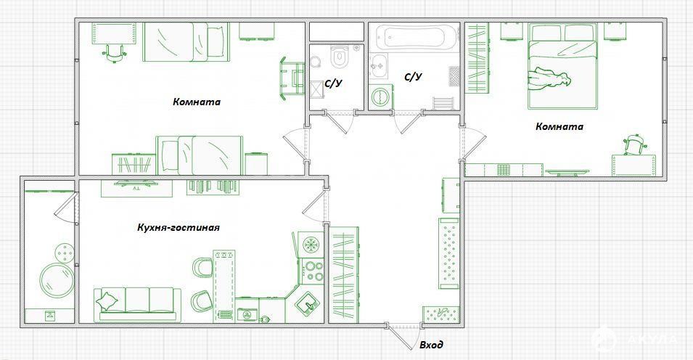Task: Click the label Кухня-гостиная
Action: pyautogui.click(x=178, y=228)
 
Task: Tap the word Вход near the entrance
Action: pyautogui.click(x=431, y=345)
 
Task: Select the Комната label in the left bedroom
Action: pyautogui.click(x=197, y=102)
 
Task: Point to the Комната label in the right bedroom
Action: pyautogui.click(x=559, y=126)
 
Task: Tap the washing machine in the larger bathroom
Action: pyautogui.click(x=379, y=97)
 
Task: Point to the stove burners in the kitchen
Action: pyautogui.click(x=313, y=271)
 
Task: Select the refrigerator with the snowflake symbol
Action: pyautogui.click(x=312, y=245)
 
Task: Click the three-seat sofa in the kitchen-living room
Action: pyautogui.click(x=137, y=304)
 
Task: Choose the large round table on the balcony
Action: pyautogui.click(x=57, y=280)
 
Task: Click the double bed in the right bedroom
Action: pyautogui.click(x=562, y=66)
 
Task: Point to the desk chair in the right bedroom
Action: pyautogui.click(x=635, y=144)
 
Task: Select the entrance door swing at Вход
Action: pyautogui.click(x=402, y=338)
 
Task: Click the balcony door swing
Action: pyautogui.click(x=66, y=207)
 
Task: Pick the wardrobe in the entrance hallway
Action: pyautogui.click(x=345, y=274)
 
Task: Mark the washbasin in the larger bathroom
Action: pyautogui.click(x=378, y=66)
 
